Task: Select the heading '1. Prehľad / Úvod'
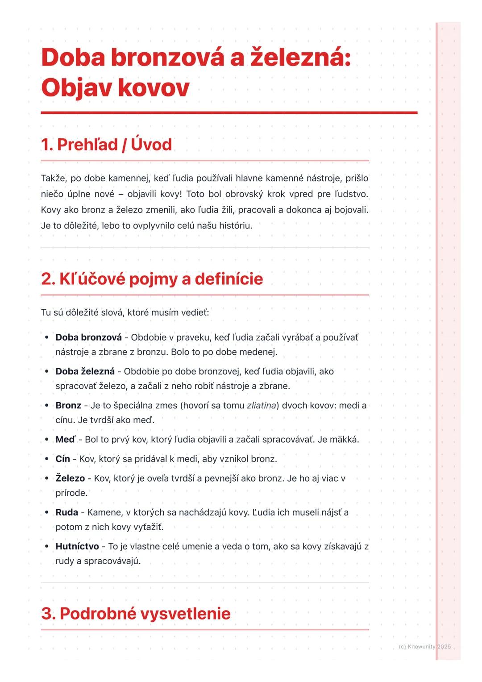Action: [x=106, y=145]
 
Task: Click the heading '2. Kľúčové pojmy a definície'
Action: [x=152, y=279]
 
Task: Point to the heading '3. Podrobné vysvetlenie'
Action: [x=136, y=613]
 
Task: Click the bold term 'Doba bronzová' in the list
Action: [x=88, y=337]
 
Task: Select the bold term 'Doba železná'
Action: [x=85, y=371]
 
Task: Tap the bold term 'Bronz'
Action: [x=68, y=405]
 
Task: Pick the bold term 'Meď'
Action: [x=66, y=440]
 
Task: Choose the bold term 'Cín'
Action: [x=62, y=459]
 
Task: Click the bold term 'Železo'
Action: [x=70, y=478]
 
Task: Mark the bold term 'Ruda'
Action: [x=66, y=512]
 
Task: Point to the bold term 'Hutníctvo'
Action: [x=77, y=546]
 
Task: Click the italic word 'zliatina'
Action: [x=261, y=405]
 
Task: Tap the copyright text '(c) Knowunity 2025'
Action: [x=424, y=646]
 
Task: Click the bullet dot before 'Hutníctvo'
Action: [x=46, y=546]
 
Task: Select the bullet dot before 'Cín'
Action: [x=46, y=459]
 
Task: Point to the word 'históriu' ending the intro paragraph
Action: [x=235, y=226]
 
